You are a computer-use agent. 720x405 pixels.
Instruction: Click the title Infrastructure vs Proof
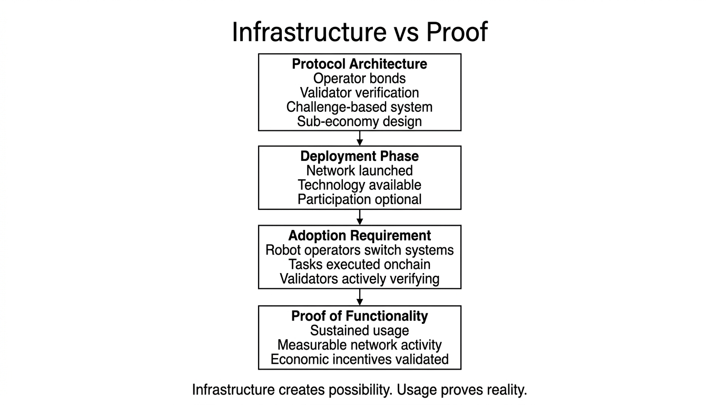(360, 32)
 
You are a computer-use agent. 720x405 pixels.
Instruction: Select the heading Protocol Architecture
(360, 64)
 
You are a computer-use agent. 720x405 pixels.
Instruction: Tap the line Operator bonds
(360, 79)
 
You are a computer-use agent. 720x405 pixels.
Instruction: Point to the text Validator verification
(360, 93)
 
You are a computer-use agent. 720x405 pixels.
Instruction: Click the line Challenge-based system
(360, 107)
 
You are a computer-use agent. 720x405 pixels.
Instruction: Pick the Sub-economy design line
(360, 121)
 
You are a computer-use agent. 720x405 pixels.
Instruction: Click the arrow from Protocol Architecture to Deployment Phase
(360, 138)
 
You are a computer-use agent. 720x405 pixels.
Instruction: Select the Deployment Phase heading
(360, 157)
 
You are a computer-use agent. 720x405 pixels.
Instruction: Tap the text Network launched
(360, 171)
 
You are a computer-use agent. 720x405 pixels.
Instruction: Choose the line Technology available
(360, 185)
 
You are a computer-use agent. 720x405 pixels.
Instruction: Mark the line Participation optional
(360, 199)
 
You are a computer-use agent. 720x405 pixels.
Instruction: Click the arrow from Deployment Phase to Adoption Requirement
(360, 217)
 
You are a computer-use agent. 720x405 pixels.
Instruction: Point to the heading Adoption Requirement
(360, 236)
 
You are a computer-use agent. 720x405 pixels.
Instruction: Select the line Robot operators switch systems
(360, 250)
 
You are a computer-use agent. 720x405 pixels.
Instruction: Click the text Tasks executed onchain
(360, 264)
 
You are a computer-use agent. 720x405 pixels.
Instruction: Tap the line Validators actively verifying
(360, 278)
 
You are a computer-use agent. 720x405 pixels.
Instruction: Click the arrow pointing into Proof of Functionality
(360, 297)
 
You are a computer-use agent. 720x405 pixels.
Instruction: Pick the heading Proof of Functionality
(360, 316)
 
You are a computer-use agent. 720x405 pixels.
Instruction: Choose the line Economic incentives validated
(360, 360)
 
